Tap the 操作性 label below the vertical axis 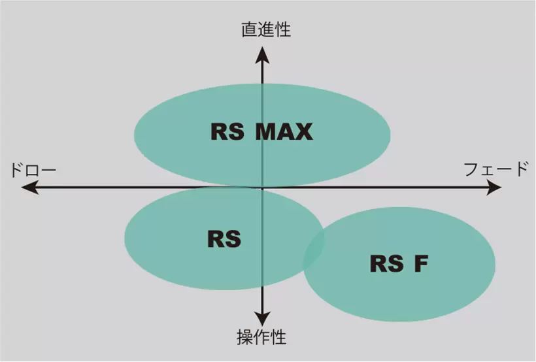click(x=261, y=338)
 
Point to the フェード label click(x=495, y=170)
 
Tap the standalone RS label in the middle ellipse click(x=224, y=239)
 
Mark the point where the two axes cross click(x=262, y=188)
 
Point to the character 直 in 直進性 click(x=249, y=29)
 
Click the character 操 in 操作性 click(x=244, y=338)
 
